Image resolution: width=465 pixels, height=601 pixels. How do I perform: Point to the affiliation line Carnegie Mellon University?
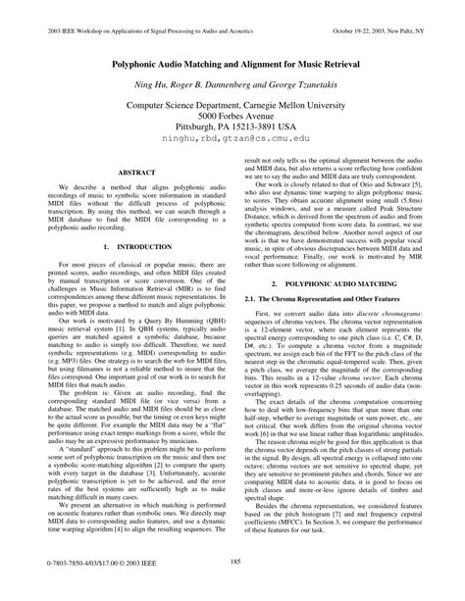click(232, 99)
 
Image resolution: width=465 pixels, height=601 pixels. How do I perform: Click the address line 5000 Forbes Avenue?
click(232, 113)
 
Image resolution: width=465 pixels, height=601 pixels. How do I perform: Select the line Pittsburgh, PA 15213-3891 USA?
click(232, 126)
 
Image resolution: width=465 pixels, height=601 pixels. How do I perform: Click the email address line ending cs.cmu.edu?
click(232, 140)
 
